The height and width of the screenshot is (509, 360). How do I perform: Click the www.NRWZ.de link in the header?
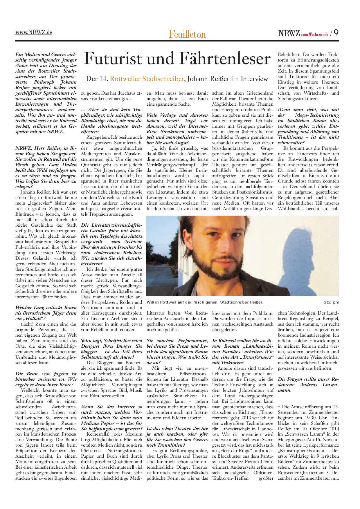pyautogui.click(x=34, y=33)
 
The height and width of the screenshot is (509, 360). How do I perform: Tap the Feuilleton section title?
pyautogui.click(x=188, y=34)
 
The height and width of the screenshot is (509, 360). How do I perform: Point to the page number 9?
pyautogui.click(x=336, y=33)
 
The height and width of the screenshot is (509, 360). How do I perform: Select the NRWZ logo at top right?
pyautogui.click(x=289, y=33)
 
